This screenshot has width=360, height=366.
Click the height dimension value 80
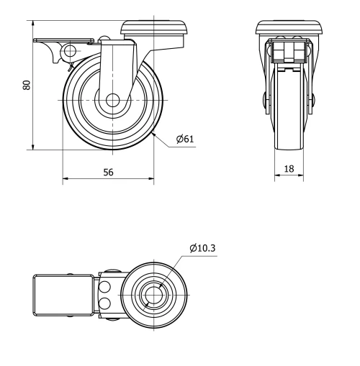[x=27, y=84]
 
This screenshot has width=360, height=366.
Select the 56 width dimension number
[x=107, y=173]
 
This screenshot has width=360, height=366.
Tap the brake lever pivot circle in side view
[x=71, y=51]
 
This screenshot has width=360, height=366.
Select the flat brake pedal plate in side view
[x=63, y=41]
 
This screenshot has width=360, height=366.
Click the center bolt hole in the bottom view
[x=153, y=295]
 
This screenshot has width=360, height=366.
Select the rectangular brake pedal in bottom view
[x=66, y=295]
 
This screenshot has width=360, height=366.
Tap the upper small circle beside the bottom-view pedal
[x=105, y=287]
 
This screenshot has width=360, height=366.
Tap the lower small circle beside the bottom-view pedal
[x=105, y=303]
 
